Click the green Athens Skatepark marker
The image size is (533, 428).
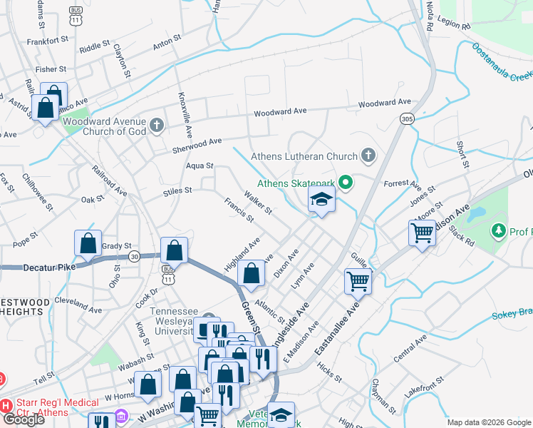346,183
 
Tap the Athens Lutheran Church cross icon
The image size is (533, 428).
368,155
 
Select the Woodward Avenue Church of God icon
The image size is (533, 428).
157,126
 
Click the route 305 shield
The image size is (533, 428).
407,118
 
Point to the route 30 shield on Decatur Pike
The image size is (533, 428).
134,255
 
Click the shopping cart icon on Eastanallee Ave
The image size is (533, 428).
358,280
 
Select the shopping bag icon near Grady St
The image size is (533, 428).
88,243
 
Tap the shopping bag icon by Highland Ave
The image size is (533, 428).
251,273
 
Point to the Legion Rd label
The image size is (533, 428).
455,26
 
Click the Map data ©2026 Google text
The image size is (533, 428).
488,422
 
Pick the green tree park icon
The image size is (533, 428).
499,230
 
